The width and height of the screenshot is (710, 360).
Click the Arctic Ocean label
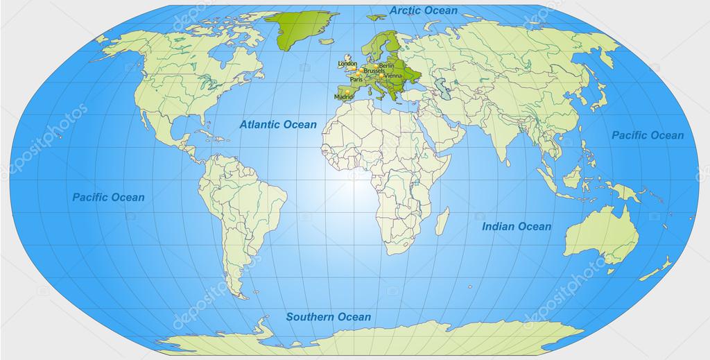(x=424, y=10)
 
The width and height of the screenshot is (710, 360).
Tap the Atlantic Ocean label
(x=278, y=125)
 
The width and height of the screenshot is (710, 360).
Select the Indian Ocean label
(x=517, y=226)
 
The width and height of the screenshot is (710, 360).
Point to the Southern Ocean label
(x=329, y=317)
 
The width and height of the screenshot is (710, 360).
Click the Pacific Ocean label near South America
(x=109, y=198)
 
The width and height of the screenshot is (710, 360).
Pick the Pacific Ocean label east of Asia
(x=647, y=135)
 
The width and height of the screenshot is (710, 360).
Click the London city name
(x=347, y=64)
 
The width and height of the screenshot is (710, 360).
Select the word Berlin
(x=387, y=65)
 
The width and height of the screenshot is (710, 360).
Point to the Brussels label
(x=374, y=71)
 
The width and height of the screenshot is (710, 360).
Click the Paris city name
(x=356, y=79)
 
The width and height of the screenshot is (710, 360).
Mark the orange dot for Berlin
(x=377, y=65)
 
